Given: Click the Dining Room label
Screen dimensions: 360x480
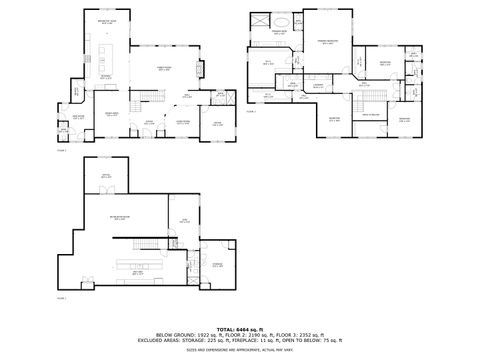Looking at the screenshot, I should coord(113,115).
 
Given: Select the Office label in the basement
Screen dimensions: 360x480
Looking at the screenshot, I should coord(105,177).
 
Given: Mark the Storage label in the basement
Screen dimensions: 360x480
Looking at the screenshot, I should coord(216,264).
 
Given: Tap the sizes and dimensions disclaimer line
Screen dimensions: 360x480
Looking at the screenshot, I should coord(240,350).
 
